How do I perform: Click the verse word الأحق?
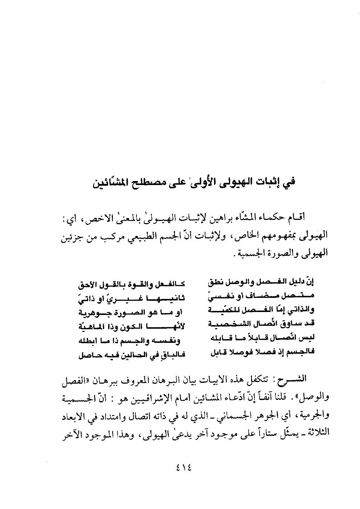86,282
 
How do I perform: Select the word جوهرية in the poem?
92,311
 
